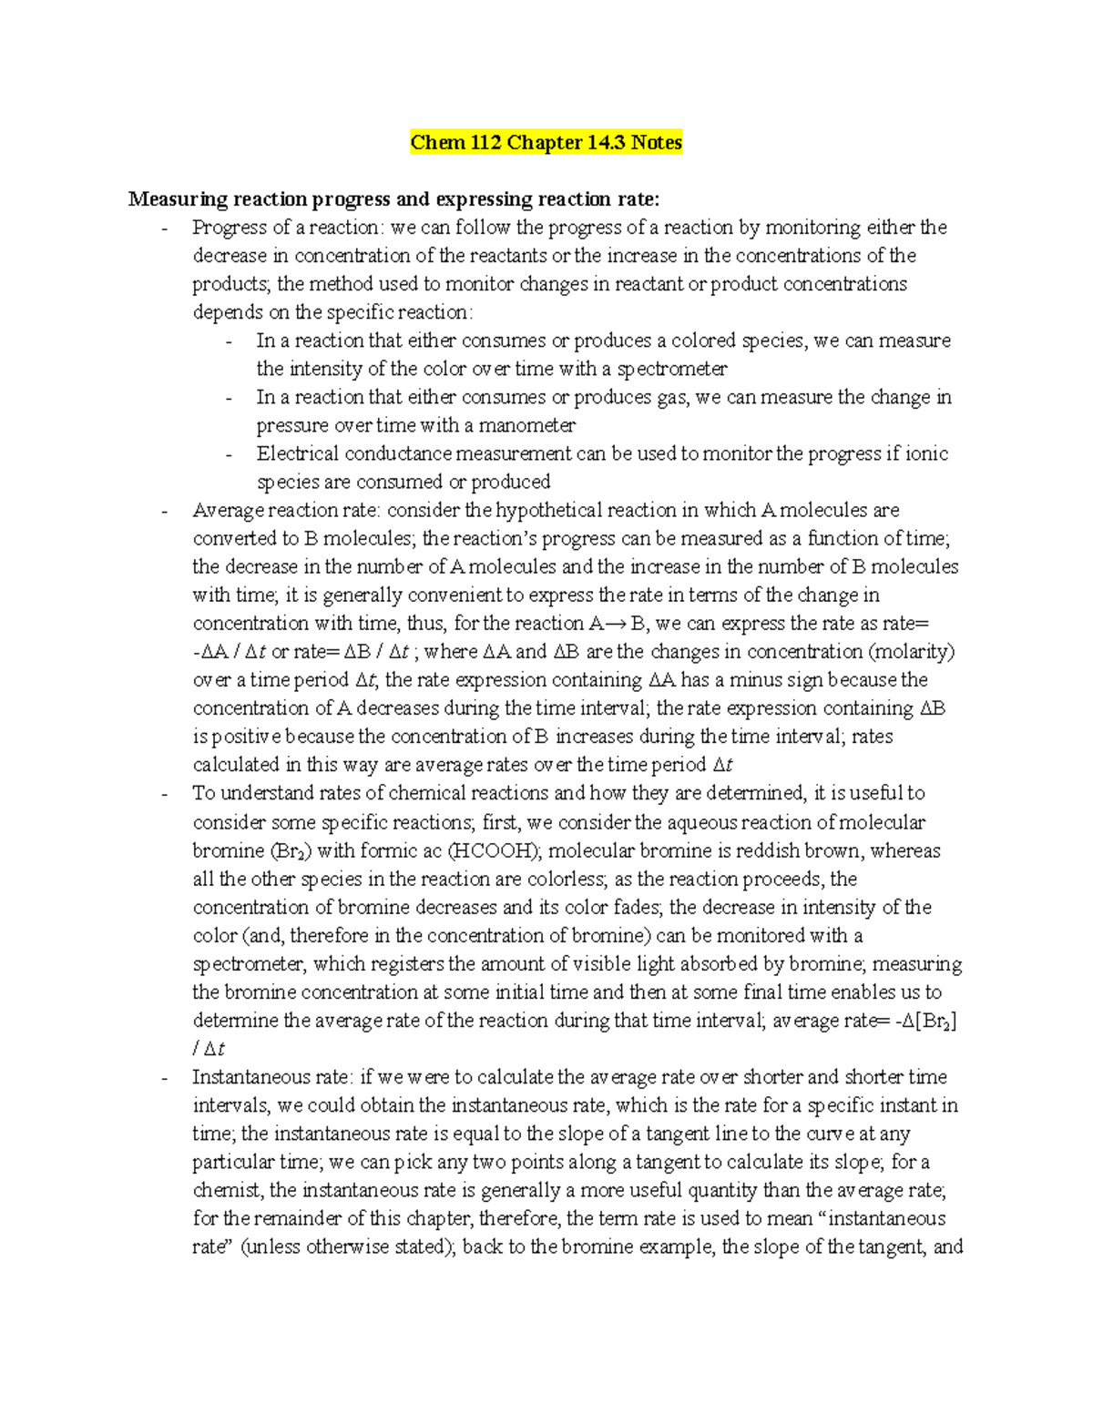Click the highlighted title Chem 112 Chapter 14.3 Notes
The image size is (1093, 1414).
pyautogui.click(x=546, y=143)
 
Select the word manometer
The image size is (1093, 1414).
pyautogui.click(x=529, y=426)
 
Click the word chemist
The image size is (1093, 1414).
pyautogui.click(x=228, y=1191)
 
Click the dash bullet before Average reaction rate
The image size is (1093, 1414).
pyautogui.click(x=164, y=512)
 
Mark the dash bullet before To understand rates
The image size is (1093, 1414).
pyautogui.click(x=164, y=795)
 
